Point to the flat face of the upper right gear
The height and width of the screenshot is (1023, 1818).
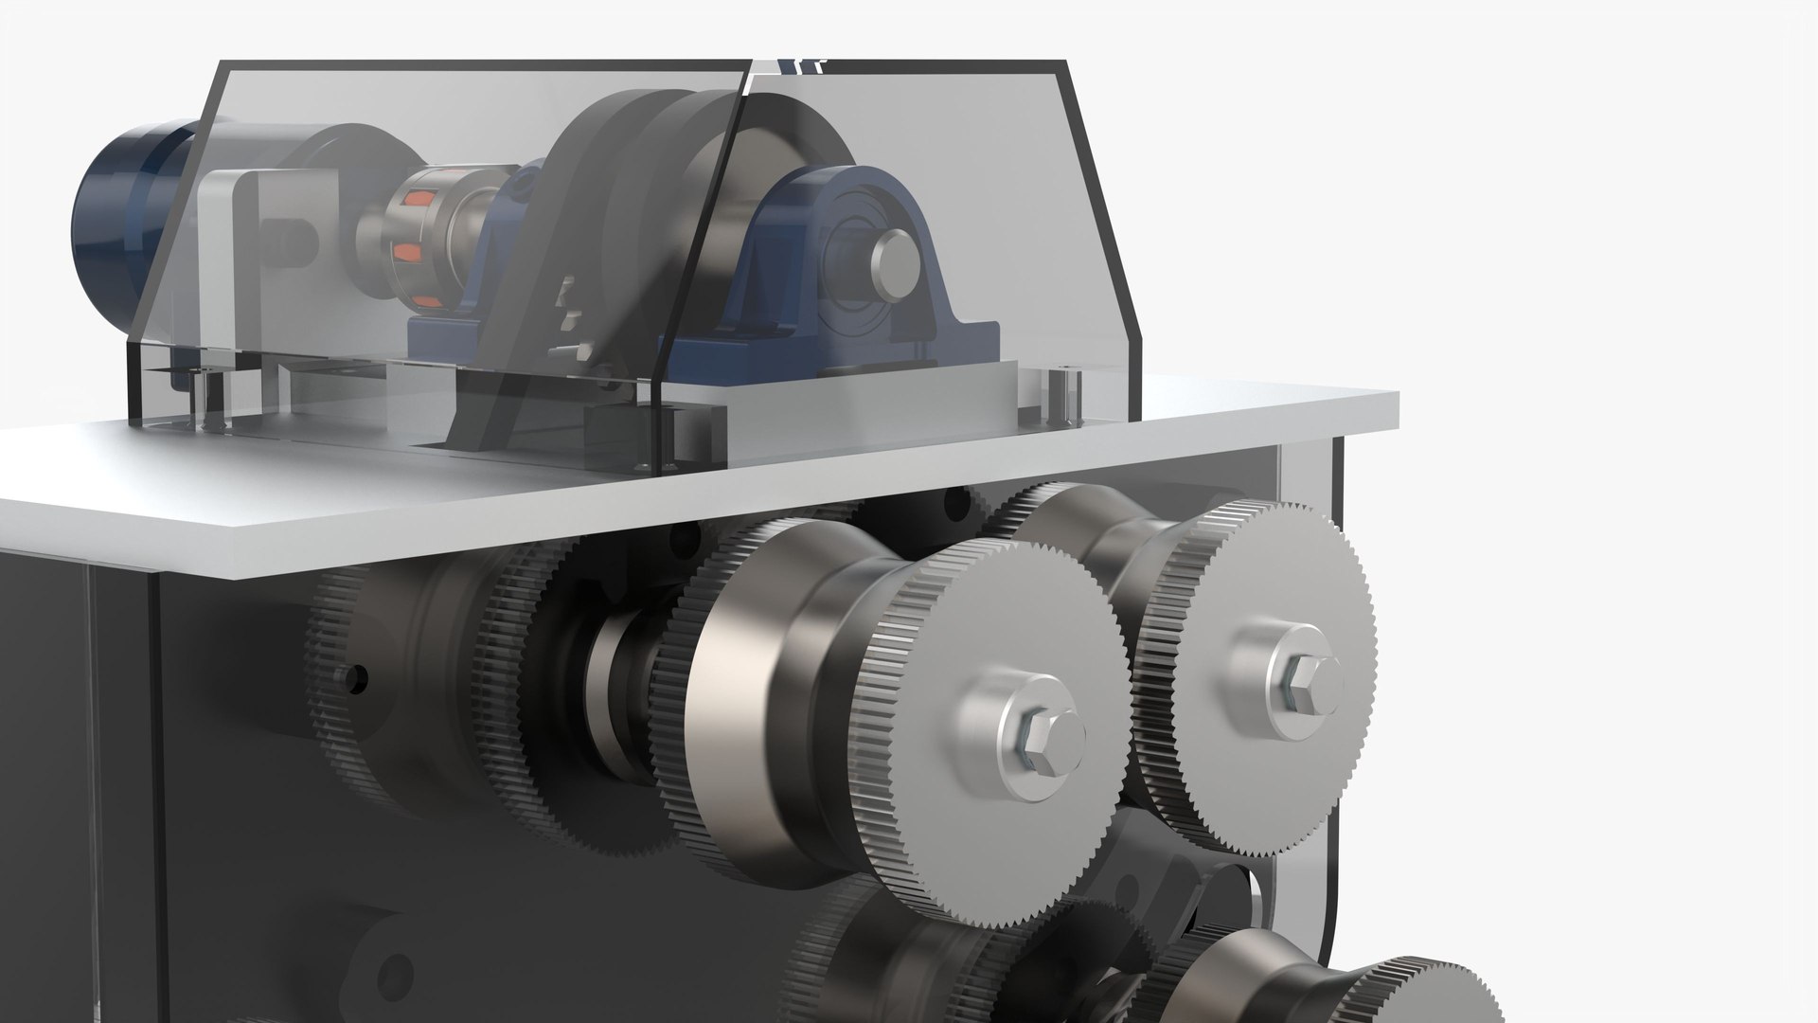pyautogui.click(x=1259, y=606)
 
